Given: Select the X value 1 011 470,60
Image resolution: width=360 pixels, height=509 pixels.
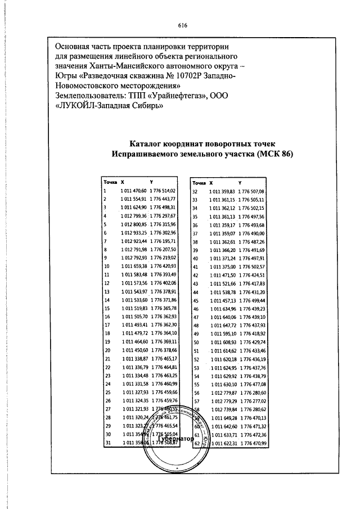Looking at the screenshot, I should (x=133, y=191).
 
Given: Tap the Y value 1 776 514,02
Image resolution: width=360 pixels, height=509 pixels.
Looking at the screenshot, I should (x=164, y=191).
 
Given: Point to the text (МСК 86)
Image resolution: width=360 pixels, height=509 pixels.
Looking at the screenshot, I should (x=274, y=154).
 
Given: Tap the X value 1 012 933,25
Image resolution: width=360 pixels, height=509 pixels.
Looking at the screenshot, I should (x=133, y=232).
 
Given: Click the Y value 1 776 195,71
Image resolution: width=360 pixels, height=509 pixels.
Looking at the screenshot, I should (x=164, y=240).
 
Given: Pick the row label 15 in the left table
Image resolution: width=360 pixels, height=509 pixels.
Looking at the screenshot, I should (x=106, y=308).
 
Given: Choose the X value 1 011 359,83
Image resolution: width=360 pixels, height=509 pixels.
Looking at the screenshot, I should (x=222, y=192).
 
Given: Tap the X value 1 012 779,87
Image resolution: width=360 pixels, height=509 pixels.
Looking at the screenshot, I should (x=222, y=392).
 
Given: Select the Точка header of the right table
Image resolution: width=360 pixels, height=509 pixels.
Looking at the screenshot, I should (x=199, y=183).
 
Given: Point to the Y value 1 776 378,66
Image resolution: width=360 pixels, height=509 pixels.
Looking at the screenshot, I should (x=164, y=350).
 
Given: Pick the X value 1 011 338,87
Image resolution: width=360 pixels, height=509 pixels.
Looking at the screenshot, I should (x=133, y=358).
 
